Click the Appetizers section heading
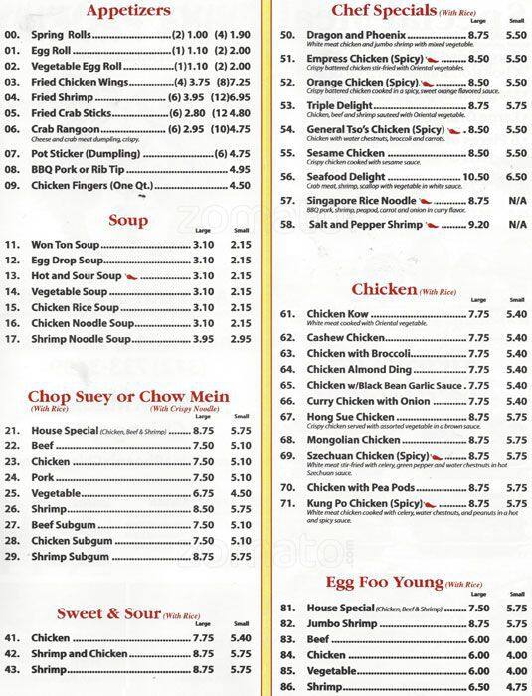131,12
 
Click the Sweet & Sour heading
108,612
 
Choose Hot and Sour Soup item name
76,274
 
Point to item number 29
12,558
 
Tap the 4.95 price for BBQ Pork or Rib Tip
239,169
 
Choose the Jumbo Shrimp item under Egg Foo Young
343,623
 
